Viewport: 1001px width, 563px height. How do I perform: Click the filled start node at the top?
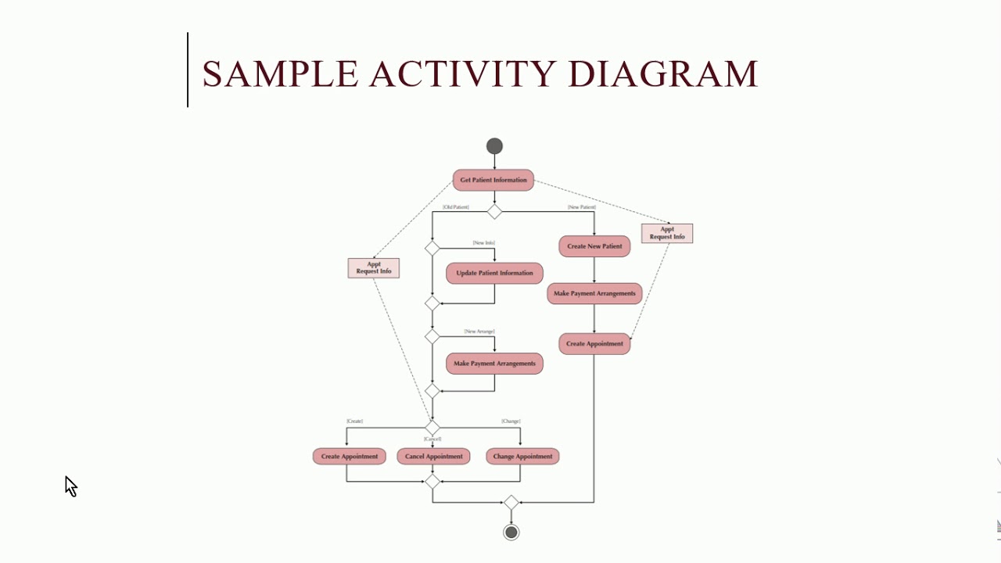(494, 146)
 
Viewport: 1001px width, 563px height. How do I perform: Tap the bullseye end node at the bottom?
(511, 533)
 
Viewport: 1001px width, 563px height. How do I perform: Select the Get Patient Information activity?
(493, 180)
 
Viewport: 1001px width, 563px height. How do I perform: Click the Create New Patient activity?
(594, 246)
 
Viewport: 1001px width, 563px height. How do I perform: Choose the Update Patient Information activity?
(494, 273)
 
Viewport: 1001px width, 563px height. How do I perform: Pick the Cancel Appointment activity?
(433, 457)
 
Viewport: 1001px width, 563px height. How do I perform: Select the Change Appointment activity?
(522, 457)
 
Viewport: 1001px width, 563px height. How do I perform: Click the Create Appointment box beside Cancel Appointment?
(349, 457)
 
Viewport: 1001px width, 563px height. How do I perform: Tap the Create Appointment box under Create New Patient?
(594, 344)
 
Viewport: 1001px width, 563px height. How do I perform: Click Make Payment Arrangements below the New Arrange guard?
(494, 364)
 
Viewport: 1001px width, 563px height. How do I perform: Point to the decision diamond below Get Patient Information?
(494, 212)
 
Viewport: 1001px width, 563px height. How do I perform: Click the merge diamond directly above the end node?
(511, 503)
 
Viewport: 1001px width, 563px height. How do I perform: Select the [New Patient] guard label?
(582, 207)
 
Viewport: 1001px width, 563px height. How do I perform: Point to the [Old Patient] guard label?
(456, 207)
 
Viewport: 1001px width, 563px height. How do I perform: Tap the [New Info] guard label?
(483, 243)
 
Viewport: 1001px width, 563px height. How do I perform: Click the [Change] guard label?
(511, 421)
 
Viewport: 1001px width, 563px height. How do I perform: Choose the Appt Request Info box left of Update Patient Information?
(374, 268)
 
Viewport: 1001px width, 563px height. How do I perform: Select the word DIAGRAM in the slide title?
(662, 74)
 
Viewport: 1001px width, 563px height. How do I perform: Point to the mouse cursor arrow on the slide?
(70, 486)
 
